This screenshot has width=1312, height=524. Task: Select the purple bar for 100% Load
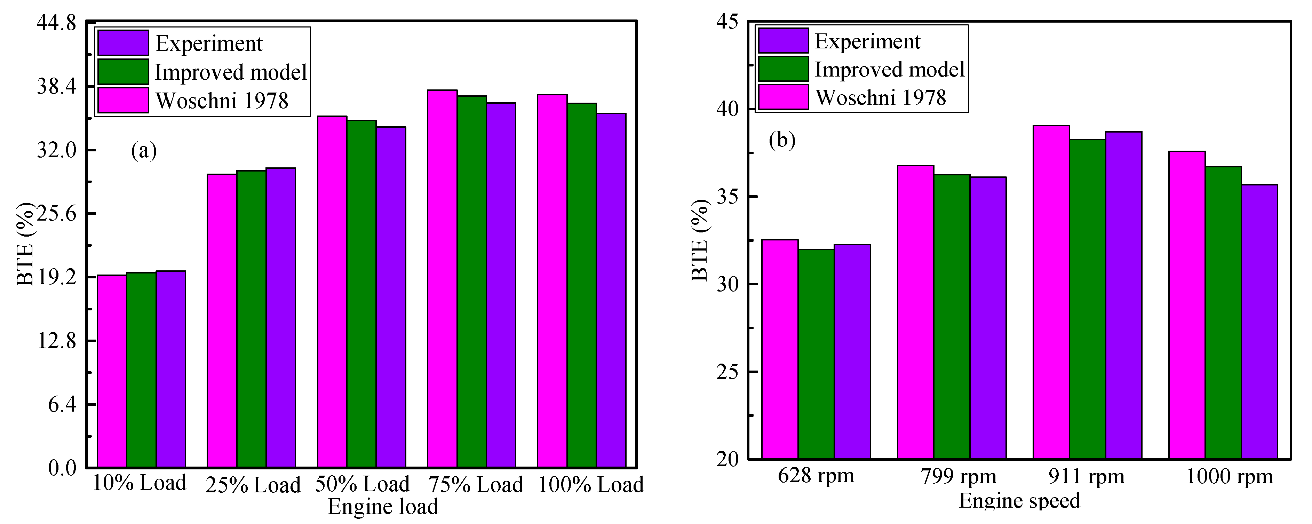click(x=611, y=290)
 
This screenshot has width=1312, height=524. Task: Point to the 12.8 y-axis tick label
click(x=56, y=341)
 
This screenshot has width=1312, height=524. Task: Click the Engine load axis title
click(x=383, y=507)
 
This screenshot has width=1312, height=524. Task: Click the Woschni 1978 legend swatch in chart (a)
click(x=123, y=100)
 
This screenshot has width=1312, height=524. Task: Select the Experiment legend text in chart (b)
click(x=867, y=41)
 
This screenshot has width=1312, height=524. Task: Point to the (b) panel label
click(x=782, y=140)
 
